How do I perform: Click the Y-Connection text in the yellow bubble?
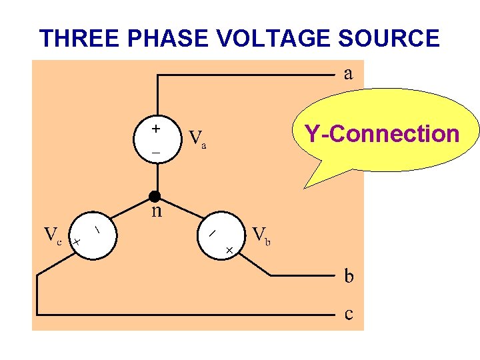(382, 134)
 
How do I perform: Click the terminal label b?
(349, 275)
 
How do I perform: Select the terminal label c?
(348, 314)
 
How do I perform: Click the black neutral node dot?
(155, 196)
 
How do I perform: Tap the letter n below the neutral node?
(156, 211)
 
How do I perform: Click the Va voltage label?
(197, 138)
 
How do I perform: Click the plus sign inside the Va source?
(155, 128)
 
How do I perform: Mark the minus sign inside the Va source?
(155, 153)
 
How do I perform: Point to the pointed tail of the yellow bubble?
(306, 186)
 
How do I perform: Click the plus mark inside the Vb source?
(229, 249)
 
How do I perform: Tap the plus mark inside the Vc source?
(77, 241)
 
